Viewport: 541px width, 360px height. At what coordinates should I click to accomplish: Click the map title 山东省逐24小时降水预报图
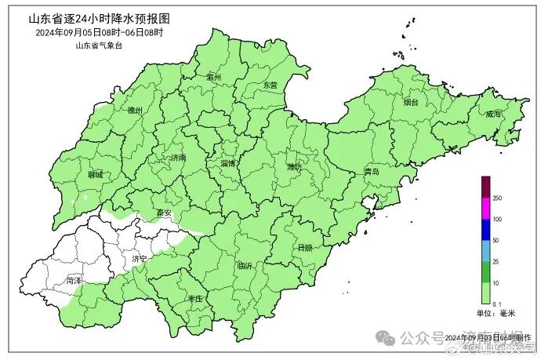tap(98, 18)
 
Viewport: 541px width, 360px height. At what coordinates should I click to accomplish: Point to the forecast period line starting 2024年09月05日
tap(99, 33)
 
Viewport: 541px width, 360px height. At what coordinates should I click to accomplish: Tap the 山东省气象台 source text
tap(99, 45)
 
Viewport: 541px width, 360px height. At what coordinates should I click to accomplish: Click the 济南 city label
tap(178, 158)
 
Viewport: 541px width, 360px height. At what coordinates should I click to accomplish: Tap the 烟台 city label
tap(411, 102)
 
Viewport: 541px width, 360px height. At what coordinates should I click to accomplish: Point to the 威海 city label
tap(493, 114)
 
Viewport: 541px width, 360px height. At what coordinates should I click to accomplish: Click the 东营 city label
tap(270, 85)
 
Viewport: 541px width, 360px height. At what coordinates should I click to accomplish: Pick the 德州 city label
tap(134, 111)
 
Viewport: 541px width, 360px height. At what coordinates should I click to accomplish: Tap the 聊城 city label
tap(96, 175)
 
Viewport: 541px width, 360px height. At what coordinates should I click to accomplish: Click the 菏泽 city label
tap(74, 279)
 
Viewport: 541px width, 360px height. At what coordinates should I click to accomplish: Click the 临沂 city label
tap(245, 266)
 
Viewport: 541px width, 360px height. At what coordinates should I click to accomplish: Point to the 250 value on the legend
tap(497, 198)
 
